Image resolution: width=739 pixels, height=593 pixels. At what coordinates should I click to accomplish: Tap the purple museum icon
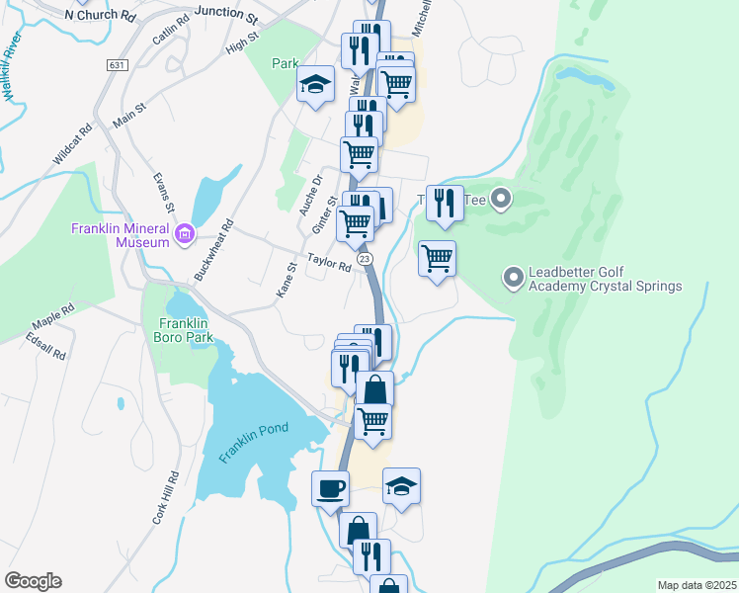pyautogui.click(x=184, y=234)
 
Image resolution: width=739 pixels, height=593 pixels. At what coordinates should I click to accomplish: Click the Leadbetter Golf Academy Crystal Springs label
pyautogui.click(x=605, y=279)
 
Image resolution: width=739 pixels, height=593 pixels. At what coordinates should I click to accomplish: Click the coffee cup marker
pyautogui.click(x=330, y=487)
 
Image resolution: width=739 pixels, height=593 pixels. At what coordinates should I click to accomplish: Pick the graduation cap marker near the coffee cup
pyautogui.click(x=402, y=485)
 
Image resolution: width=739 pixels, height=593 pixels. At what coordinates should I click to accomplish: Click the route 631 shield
pyautogui.click(x=118, y=64)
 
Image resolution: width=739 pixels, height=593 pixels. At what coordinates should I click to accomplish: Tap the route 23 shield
pyautogui.click(x=366, y=258)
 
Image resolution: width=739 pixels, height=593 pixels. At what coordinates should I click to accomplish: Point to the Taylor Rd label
pyautogui.click(x=329, y=265)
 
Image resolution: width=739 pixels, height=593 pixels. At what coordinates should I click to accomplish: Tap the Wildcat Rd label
pyautogui.click(x=73, y=143)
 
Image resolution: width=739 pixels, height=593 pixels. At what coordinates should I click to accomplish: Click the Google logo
pyautogui.click(x=33, y=581)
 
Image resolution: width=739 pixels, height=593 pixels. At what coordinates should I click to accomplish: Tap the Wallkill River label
pyautogui.click(x=13, y=65)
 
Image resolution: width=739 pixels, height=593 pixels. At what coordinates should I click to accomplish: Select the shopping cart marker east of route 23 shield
pyautogui.click(x=437, y=258)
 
